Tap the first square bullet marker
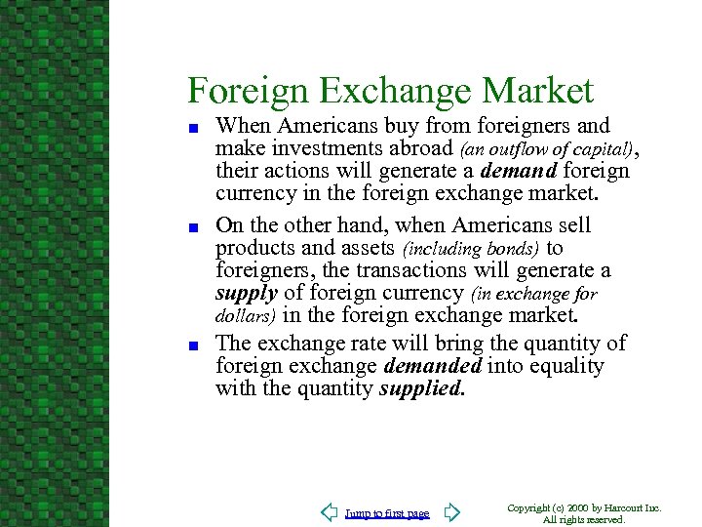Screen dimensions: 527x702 (195, 127)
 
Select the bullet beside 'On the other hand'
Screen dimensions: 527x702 (195, 227)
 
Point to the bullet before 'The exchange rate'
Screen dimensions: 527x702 (195, 345)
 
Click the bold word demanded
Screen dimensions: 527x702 (432, 366)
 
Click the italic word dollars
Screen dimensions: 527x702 (244, 316)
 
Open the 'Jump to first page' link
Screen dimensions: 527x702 (387, 513)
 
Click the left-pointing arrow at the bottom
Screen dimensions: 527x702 (330, 512)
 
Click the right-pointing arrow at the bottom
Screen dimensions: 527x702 (450, 512)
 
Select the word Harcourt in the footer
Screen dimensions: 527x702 (626, 508)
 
